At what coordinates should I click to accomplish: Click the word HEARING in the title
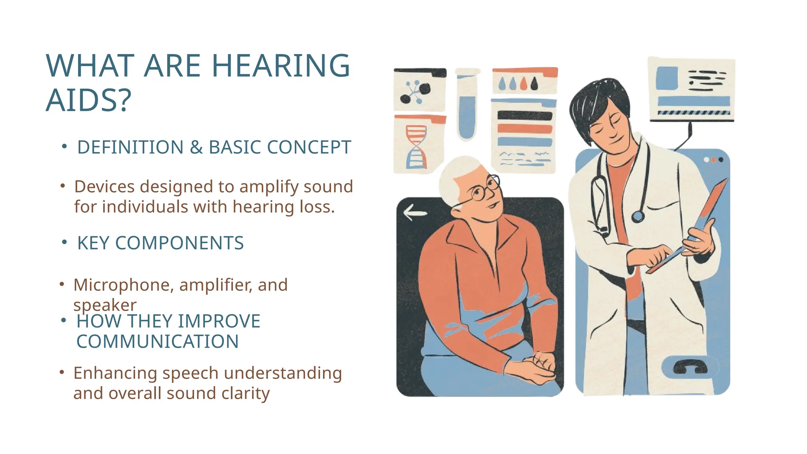click(281, 66)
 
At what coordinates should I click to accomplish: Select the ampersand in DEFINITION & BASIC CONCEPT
click(196, 147)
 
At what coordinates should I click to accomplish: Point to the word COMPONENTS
click(179, 243)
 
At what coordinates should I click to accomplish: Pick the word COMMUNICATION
click(157, 342)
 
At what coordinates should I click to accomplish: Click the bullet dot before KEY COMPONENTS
click(64, 242)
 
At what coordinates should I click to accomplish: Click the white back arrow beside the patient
click(415, 213)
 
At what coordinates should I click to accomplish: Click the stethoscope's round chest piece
click(638, 216)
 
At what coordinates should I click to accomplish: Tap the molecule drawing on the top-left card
click(415, 92)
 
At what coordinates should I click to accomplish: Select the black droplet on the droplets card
click(534, 84)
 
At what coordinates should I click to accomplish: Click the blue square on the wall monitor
click(667, 78)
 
